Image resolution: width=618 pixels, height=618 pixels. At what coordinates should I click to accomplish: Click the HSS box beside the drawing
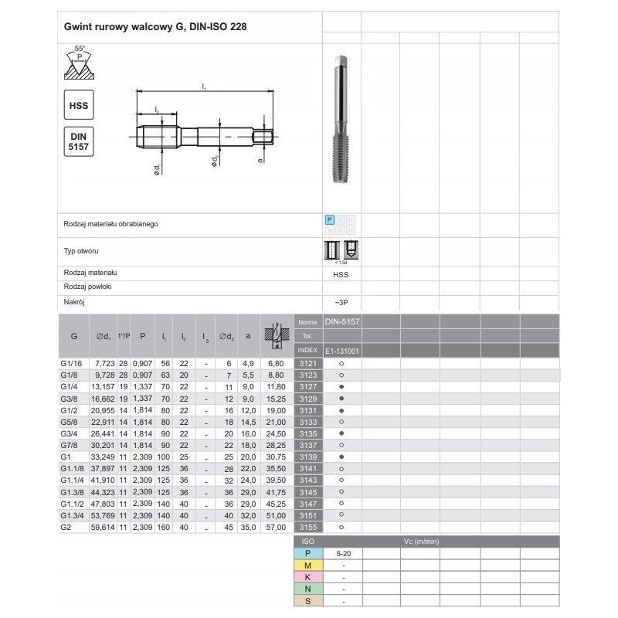pyautogui.click(x=78, y=104)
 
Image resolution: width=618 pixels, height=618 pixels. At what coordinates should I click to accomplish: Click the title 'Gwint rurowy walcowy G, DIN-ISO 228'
pyautogui.click(x=155, y=25)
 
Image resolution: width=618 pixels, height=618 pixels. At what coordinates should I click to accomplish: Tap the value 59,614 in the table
pyautogui.click(x=103, y=527)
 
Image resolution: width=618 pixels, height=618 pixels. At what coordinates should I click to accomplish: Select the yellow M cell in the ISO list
pyautogui.click(x=308, y=565)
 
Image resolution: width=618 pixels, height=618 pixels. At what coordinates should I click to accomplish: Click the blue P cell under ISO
pyautogui.click(x=308, y=553)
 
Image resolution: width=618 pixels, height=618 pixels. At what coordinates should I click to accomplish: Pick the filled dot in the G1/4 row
pyautogui.click(x=341, y=386)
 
